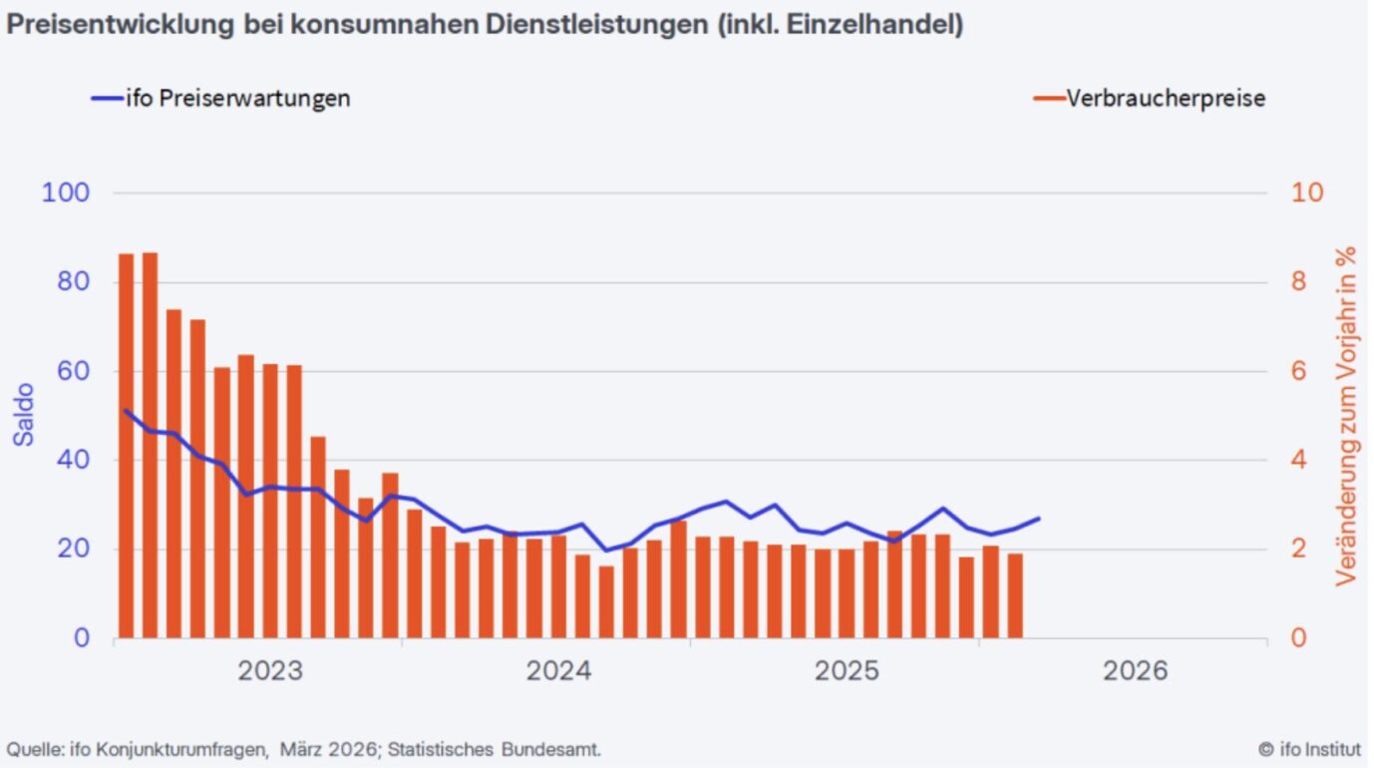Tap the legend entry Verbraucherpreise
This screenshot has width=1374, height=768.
tap(1166, 98)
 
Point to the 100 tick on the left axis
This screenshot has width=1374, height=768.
tap(66, 192)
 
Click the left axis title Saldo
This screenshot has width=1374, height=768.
tap(25, 415)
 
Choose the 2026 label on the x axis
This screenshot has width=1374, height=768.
tap(1135, 671)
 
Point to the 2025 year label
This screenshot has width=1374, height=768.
tap(847, 671)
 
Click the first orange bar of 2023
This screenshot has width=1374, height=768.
tap(127, 446)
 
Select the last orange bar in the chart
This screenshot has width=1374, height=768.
tap(1015, 595)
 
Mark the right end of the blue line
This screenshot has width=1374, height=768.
tap(1039, 518)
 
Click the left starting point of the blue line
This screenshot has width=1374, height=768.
tap(126, 410)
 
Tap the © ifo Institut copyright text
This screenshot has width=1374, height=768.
tap(1309, 749)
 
